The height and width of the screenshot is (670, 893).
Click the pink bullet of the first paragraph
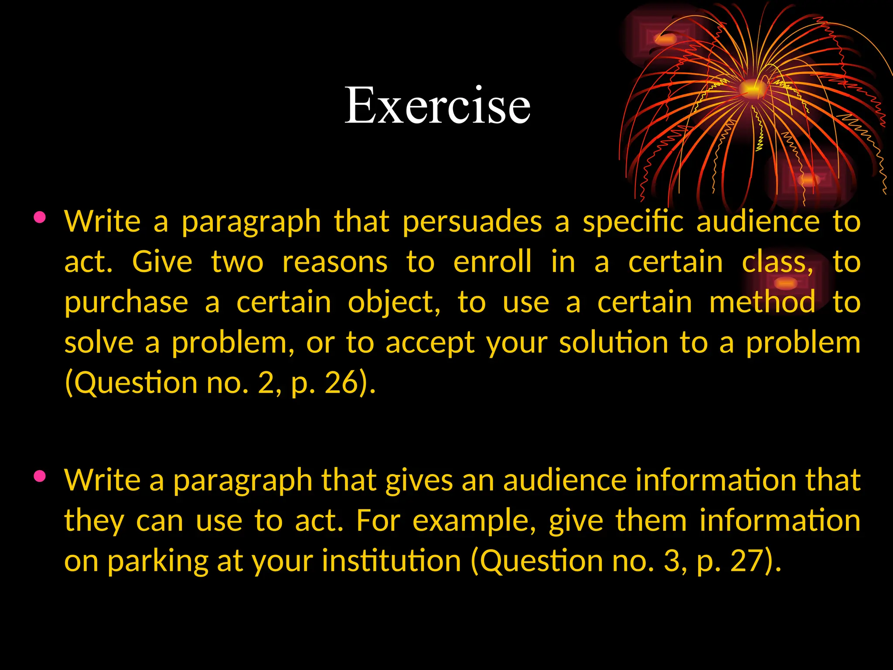(39, 217)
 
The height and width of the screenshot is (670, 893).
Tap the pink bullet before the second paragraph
(39, 476)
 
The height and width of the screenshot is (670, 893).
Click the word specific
(633, 222)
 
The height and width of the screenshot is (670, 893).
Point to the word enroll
(492, 262)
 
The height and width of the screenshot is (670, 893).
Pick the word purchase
(126, 302)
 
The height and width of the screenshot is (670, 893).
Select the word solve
(99, 342)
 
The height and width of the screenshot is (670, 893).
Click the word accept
(430, 342)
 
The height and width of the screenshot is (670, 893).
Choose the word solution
(614, 342)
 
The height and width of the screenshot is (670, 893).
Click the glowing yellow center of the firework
(752, 89)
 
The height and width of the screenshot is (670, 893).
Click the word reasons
(335, 262)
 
